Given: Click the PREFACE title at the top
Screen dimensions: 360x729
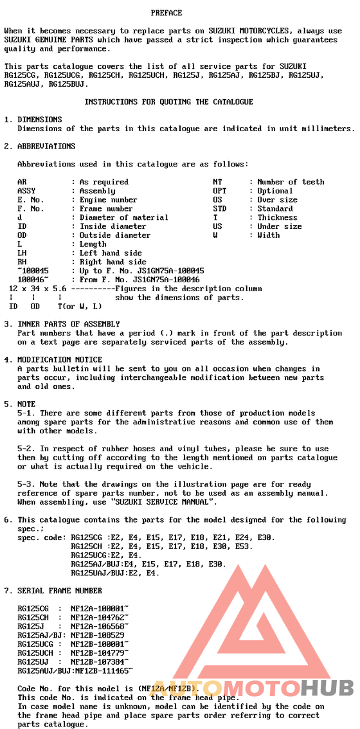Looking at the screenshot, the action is tap(166, 13).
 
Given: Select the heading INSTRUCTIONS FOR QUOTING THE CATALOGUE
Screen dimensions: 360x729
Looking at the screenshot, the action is tap(168, 102).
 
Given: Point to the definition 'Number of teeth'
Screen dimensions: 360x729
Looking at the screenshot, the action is tap(291, 182).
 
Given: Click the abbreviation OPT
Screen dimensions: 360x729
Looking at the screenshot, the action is tap(219, 191).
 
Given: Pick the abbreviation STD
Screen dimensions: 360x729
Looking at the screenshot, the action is tap(219, 209).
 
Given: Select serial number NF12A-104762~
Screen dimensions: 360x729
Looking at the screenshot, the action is tap(100, 616).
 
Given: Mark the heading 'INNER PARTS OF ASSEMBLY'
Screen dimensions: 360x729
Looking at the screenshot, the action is tap(69, 324).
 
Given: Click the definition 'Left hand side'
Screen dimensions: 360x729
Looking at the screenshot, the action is tap(111, 253).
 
